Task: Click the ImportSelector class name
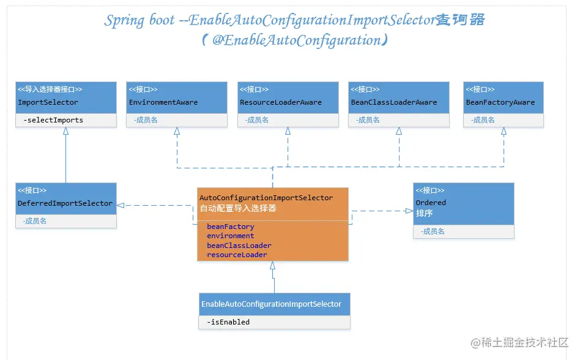tap(48, 102)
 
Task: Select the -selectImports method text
tap(53, 120)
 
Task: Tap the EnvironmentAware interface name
tap(163, 102)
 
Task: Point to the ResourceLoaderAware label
tap(280, 102)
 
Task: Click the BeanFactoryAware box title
tap(500, 102)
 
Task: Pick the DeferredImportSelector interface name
tap(65, 203)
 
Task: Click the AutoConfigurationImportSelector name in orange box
tap(266, 198)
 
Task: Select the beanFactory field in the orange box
tap(230, 227)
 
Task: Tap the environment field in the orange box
tap(230, 236)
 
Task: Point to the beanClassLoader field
tap(239, 246)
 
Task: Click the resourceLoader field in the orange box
tap(237, 255)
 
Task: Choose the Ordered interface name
tap(431, 203)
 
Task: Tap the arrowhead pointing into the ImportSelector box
tap(65, 132)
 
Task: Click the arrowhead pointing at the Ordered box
tap(409, 211)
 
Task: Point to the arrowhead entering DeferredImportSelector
tap(121, 205)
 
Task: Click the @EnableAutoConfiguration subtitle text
tap(294, 40)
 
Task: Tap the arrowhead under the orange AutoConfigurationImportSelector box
tap(273, 266)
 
